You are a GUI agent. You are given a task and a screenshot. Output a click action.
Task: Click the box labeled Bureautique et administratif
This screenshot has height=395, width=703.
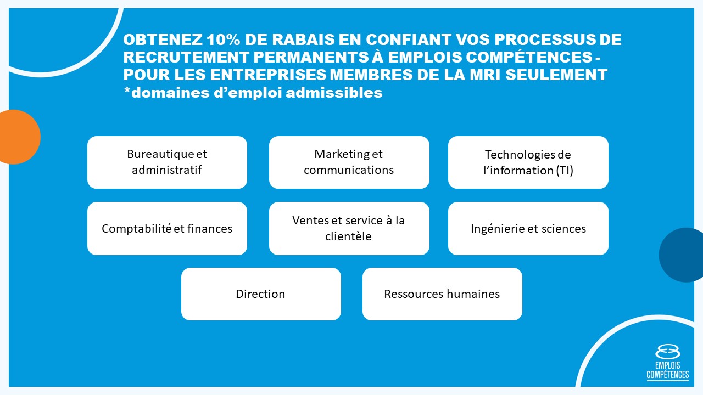coord(168,162)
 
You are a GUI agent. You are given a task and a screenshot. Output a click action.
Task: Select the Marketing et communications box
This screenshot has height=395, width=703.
coord(349,162)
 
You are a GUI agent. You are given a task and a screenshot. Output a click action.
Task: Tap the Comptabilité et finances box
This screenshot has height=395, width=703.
coord(168,228)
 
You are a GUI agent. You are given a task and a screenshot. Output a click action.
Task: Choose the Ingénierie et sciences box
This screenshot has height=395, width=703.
coord(528,228)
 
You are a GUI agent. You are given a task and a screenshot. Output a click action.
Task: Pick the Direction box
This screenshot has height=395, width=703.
coord(261,294)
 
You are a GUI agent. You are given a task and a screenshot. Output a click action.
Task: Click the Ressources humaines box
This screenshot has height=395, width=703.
coord(442,294)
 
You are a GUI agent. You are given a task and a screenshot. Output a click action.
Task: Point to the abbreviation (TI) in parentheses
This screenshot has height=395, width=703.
coord(565,171)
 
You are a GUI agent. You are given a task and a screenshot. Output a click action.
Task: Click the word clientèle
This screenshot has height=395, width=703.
coord(348,236)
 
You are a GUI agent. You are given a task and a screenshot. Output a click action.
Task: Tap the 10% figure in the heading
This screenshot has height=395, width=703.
coord(224,39)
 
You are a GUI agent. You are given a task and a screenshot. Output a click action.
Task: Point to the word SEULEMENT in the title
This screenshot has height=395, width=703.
coord(556,75)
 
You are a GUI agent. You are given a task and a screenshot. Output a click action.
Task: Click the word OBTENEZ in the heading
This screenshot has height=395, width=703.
coord(163,39)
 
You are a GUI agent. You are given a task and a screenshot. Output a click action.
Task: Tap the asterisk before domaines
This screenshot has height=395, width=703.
coord(127,91)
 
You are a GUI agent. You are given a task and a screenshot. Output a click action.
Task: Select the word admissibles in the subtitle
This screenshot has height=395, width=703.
coord(334,93)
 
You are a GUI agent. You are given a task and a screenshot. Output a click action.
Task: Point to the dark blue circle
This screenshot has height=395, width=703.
coord(682,255)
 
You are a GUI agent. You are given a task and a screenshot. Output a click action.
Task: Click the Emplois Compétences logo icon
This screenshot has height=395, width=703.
coord(667,352)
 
